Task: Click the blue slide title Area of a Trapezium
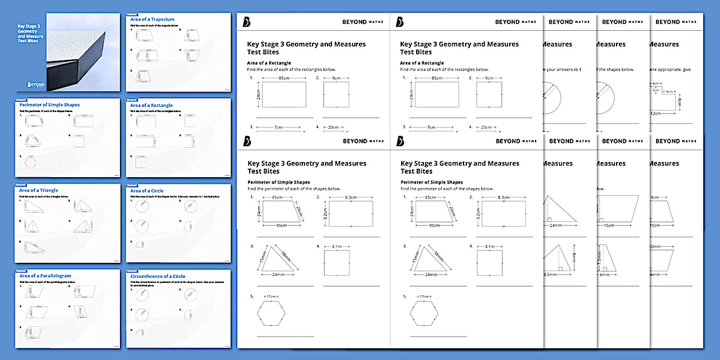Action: pyautogui.click(x=152, y=19)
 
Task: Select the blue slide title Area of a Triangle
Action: pyautogui.click(x=38, y=190)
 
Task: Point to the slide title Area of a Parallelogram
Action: pyautogui.click(x=45, y=276)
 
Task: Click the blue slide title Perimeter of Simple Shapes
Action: pyautogui.click(x=49, y=105)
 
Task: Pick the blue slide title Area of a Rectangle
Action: pyautogui.click(x=151, y=105)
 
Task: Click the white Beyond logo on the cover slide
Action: pyautogui.click(x=35, y=83)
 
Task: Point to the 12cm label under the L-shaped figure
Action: pyautogui.click(x=655, y=113)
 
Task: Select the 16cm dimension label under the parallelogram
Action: pyautogui.click(x=609, y=225)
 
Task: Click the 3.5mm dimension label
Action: pyautogui.click(x=550, y=274)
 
